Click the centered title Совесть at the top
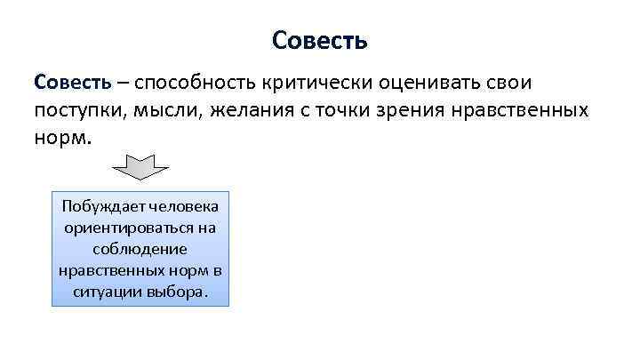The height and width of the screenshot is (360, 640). pyautogui.click(x=320, y=41)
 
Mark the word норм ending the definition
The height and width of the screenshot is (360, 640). pyautogui.click(x=60, y=140)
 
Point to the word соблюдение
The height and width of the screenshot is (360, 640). pyautogui.click(x=140, y=249)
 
